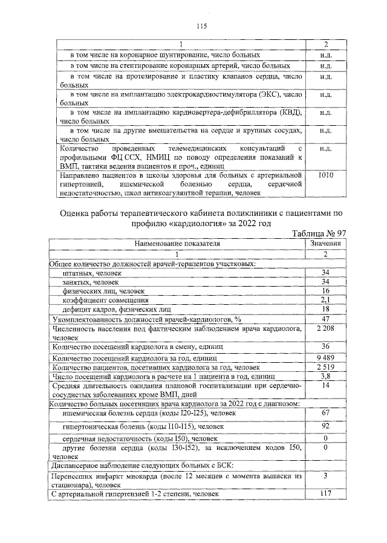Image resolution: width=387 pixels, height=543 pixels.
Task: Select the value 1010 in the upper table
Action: [x=325, y=175]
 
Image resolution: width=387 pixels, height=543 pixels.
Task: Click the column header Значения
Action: [x=325, y=243]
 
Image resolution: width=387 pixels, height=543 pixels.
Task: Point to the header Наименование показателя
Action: [x=177, y=243]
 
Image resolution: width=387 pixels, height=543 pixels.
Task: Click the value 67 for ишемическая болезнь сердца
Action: [x=325, y=412]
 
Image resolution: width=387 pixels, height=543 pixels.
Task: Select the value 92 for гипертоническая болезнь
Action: [x=325, y=426]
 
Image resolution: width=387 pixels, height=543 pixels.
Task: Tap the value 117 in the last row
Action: [x=325, y=494]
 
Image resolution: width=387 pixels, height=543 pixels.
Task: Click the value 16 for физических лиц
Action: [x=325, y=290]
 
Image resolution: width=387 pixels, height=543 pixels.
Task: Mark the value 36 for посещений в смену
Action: [x=325, y=346]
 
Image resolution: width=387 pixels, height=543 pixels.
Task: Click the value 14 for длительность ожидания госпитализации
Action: [x=325, y=385]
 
